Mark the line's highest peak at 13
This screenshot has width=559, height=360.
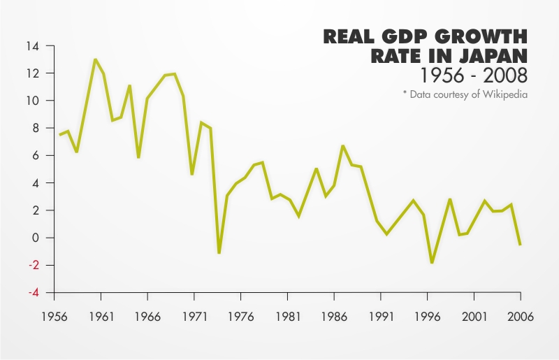click(95, 59)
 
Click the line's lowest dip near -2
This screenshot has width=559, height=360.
click(432, 262)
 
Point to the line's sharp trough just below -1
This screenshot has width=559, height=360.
click(219, 252)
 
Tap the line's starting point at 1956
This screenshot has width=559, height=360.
click(59, 135)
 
